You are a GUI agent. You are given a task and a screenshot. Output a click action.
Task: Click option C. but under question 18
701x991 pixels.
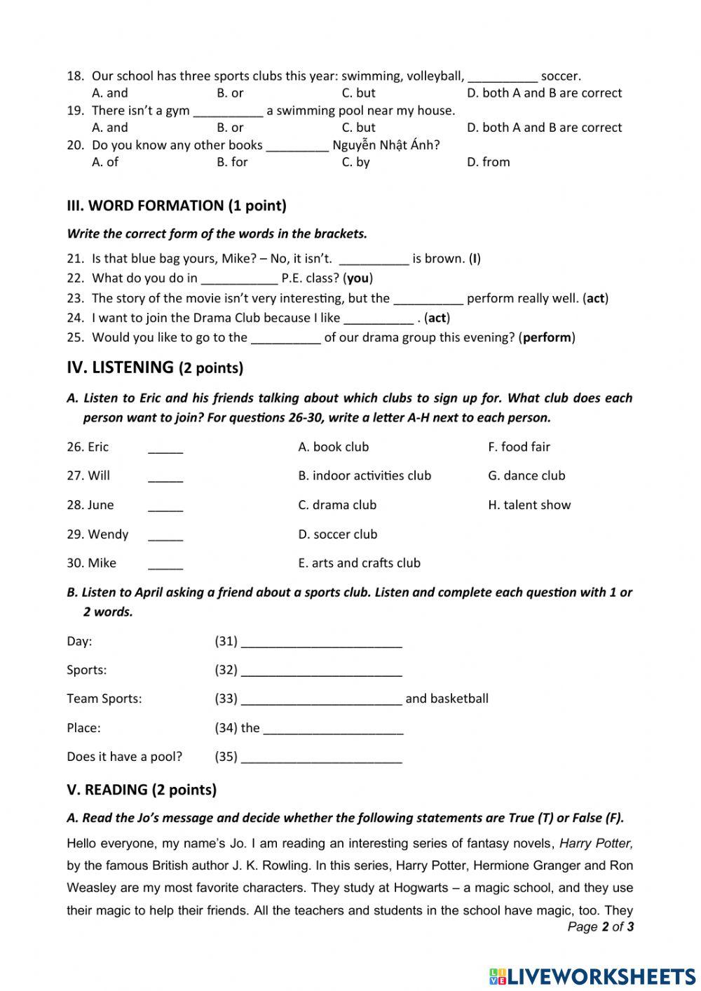[x=358, y=93]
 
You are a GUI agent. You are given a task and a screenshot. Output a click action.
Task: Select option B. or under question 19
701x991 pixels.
[x=230, y=127]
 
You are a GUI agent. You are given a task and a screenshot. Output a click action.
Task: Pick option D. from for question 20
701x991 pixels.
[x=488, y=161]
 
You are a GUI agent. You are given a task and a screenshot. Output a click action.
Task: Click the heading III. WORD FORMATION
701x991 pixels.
[x=177, y=205]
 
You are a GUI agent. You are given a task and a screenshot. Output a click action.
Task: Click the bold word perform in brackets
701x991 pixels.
[x=547, y=337]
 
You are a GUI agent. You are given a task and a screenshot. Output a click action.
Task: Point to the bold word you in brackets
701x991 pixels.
[x=358, y=278]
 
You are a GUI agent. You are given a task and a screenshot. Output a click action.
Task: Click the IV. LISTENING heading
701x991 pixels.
[x=155, y=367]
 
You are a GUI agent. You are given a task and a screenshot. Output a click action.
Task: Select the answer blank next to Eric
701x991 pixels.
[x=165, y=448]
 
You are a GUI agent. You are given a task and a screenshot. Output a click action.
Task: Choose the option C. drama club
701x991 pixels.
[x=337, y=505]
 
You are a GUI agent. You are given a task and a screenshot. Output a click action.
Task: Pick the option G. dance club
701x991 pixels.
[x=526, y=476]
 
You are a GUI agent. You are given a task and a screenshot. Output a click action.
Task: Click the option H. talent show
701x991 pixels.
[x=529, y=505]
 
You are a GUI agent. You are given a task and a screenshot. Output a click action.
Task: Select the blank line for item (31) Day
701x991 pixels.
[x=321, y=642]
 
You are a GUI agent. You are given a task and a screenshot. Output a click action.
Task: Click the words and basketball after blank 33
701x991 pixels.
[x=447, y=699]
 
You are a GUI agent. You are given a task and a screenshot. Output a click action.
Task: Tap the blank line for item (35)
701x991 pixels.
[x=321, y=757]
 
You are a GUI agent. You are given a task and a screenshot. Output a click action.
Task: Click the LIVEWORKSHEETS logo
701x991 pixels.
[x=592, y=976]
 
